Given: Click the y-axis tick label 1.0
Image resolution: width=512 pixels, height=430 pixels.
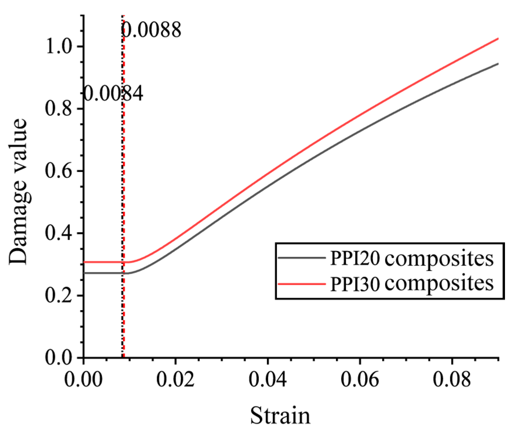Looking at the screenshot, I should tap(58, 47).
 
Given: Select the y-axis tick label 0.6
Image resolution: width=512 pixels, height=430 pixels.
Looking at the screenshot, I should tap(58, 171).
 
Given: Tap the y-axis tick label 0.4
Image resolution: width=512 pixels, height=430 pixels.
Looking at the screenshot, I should tap(58, 233).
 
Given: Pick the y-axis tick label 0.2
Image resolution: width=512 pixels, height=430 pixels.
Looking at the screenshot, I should tap(58, 295).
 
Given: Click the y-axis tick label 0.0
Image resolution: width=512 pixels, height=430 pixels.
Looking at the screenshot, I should tap(58, 358).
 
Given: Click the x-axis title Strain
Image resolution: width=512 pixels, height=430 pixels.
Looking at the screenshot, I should tap(280, 416).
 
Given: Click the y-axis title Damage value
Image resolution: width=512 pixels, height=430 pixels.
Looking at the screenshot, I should tap(18, 192).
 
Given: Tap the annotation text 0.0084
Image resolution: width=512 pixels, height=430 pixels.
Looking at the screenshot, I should tap(113, 94).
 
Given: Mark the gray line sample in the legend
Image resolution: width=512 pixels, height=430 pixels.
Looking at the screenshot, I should tap(301, 258).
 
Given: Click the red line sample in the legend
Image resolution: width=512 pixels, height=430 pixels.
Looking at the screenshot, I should tap(301, 283).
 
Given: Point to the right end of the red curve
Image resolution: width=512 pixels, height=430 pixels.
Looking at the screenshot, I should tap(497, 39).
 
